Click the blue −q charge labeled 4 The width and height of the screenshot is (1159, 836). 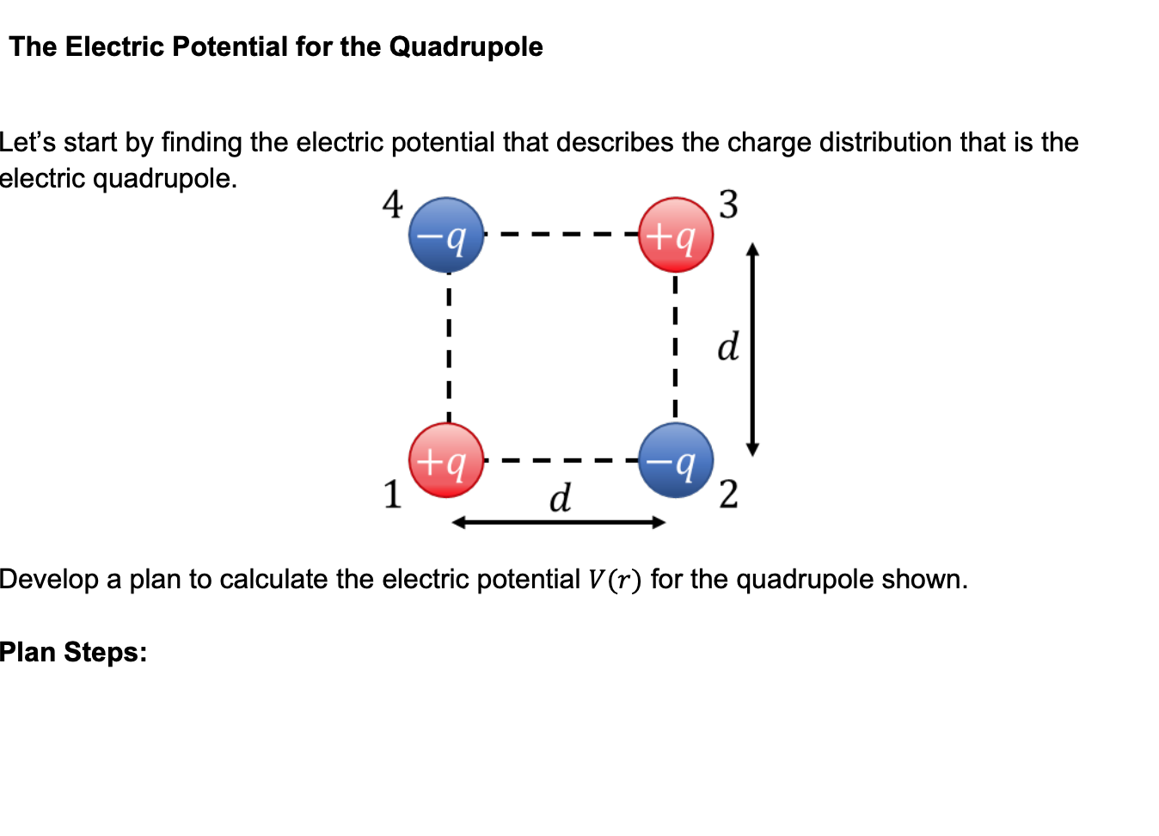tap(446, 235)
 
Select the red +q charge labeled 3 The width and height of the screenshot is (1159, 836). tap(676, 235)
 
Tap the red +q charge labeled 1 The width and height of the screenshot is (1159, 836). tap(446, 460)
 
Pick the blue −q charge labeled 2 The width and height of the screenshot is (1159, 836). tap(676, 460)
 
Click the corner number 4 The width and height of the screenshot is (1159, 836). tap(392, 205)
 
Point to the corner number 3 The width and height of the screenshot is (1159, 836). tap(728, 205)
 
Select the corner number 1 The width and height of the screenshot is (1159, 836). tap(392, 495)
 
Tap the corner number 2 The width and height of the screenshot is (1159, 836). tap(728, 495)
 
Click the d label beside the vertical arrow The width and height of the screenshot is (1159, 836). tap(727, 347)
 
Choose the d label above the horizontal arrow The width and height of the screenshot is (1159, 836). tap(560, 498)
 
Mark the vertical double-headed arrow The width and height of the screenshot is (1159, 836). tap(752, 349)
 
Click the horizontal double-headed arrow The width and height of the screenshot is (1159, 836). tap(559, 522)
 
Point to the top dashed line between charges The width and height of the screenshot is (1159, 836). tap(561, 234)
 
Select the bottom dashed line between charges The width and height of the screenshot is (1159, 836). tap(561, 460)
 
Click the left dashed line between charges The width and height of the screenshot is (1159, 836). tap(448, 347)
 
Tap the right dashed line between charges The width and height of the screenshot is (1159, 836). tap(676, 347)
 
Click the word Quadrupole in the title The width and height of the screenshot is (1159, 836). tap(466, 46)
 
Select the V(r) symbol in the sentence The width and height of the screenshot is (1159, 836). tap(615, 580)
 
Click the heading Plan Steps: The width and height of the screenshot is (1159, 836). tap(73, 652)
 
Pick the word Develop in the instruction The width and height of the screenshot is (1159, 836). tap(49, 580)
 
